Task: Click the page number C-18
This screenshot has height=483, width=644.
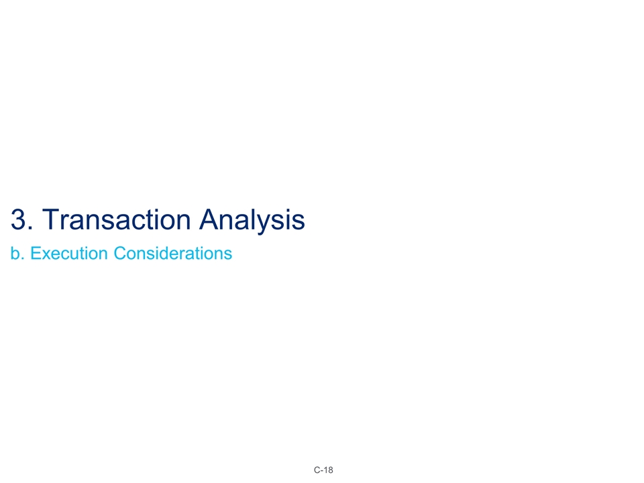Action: [323, 470]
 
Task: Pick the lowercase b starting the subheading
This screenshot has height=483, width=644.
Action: [15, 254]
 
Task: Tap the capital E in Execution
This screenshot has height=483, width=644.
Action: [36, 254]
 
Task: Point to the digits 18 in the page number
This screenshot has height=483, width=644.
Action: [329, 470]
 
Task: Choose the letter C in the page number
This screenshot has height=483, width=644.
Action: [317, 470]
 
